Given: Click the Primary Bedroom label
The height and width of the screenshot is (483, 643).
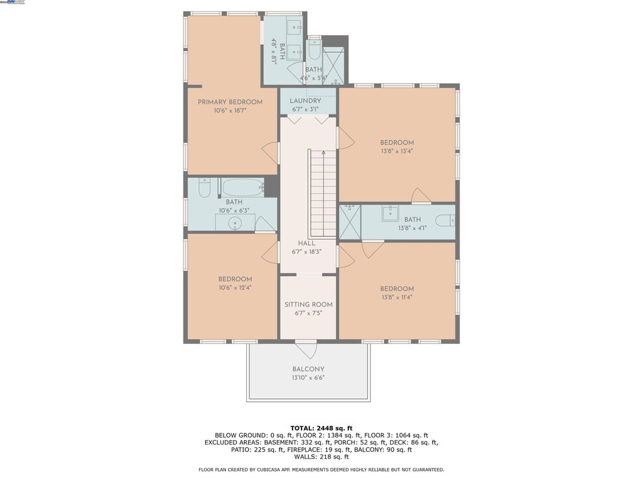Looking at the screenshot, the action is click(x=230, y=102).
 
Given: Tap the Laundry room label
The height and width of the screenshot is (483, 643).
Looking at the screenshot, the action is click(x=305, y=101).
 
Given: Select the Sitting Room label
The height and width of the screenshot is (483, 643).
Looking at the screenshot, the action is click(x=308, y=304).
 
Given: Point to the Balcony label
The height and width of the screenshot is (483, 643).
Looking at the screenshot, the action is click(x=308, y=369).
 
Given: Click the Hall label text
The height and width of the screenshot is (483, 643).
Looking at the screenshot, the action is click(x=306, y=243).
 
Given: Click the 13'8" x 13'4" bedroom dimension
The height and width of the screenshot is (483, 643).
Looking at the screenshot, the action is click(x=397, y=151).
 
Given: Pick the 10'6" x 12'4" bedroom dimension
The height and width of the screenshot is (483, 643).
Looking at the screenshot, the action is click(x=235, y=287).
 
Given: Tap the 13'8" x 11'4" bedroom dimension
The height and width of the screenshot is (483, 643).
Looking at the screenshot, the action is click(x=397, y=297).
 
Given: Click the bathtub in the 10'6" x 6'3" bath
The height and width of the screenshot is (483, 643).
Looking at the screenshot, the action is click(x=243, y=187).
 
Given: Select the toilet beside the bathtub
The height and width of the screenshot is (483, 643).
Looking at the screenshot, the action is click(x=204, y=187).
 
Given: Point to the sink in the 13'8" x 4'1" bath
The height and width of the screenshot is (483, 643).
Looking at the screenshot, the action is click(x=390, y=213).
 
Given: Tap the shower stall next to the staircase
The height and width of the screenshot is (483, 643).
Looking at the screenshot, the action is click(x=350, y=222).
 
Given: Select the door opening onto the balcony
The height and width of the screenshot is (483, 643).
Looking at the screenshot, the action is click(x=306, y=348).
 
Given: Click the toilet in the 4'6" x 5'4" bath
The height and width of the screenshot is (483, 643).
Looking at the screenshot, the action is click(x=314, y=51).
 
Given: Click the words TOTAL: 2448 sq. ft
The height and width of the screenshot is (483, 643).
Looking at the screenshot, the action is click(x=321, y=428).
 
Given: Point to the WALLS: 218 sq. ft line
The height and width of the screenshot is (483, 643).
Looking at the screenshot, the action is click(x=321, y=457).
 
